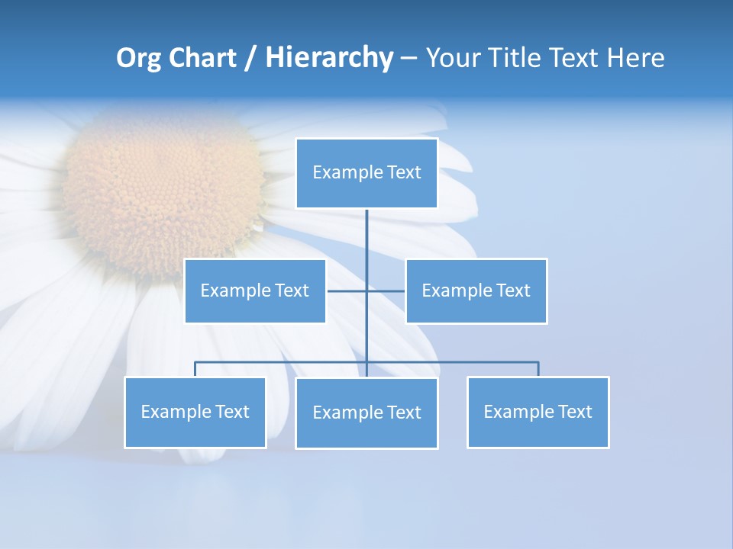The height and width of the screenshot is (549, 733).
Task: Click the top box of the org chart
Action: click(x=366, y=173)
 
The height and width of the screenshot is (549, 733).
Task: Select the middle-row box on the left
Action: click(x=255, y=291)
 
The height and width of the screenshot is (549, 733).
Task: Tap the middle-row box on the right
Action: click(x=476, y=291)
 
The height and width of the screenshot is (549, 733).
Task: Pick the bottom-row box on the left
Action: click(x=195, y=412)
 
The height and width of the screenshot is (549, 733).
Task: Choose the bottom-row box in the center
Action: click(x=366, y=413)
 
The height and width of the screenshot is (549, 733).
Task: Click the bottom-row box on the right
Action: click(x=538, y=412)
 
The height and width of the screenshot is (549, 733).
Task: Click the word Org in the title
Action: click(x=138, y=58)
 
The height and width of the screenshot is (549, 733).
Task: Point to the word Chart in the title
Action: click(x=202, y=58)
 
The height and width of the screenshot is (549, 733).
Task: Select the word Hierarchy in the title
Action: click(x=329, y=58)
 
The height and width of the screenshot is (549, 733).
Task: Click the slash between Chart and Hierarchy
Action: click(x=250, y=58)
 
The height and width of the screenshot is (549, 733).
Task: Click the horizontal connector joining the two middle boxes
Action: click(x=347, y=291)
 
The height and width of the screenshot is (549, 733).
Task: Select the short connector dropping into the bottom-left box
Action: click(x=195, y=369)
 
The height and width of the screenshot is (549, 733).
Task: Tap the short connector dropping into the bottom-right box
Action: click(x=538, y=369)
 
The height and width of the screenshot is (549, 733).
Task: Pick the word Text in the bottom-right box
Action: click(x=575, y=412)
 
